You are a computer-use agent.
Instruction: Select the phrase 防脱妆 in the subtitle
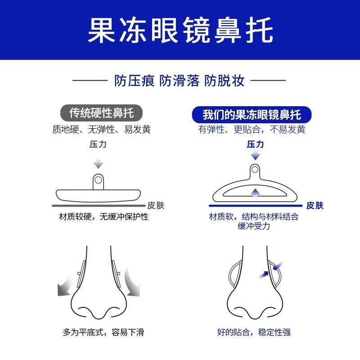(225, 81)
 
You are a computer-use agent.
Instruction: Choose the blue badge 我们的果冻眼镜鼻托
(252, 114)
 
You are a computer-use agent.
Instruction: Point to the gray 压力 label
(98, 145)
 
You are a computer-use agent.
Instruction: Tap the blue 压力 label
(255, 145)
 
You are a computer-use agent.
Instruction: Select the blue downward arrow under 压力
(255, 155)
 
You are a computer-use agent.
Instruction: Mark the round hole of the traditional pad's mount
(98, 180)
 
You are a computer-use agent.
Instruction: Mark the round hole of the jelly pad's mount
(255, 170)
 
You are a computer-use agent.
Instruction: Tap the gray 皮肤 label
(156, 206)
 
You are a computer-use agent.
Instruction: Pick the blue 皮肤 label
(315, 206)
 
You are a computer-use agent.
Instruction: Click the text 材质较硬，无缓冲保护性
(103, 217)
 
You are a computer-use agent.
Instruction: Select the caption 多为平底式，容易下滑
(103, 333)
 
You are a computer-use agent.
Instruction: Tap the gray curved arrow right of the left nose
(133, 283)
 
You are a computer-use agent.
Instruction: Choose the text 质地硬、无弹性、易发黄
(101, 130)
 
